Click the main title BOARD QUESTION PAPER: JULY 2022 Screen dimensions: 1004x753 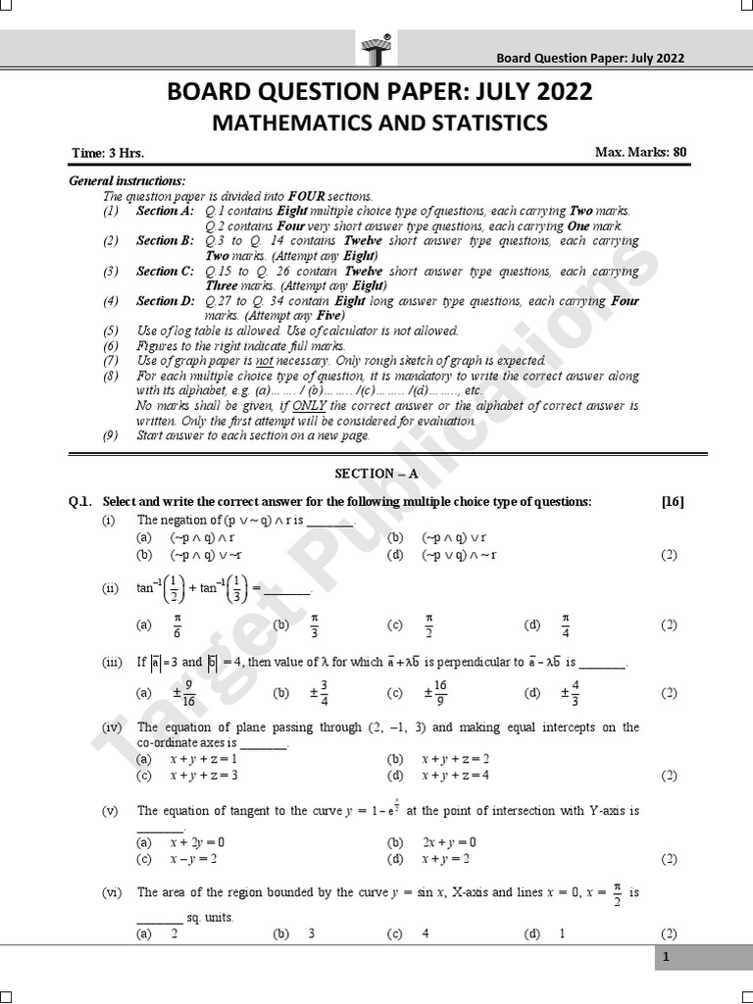click(380, 93)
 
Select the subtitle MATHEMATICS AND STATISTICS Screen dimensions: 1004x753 click(380, 124)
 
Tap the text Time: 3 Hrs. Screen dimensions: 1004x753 click(107, 154)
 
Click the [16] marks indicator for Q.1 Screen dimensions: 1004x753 click(673, 502)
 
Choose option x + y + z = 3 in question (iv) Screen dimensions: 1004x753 click(204, 775)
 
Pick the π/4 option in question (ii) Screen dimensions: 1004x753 click(565, 625)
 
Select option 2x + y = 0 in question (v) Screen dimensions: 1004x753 click(449, 842)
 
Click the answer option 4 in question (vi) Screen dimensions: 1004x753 click(426, 934)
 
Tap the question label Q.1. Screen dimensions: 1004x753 click(79, 502)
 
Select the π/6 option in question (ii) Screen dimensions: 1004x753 click(177, 625)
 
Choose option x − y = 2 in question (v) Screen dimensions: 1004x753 click(193, 859)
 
